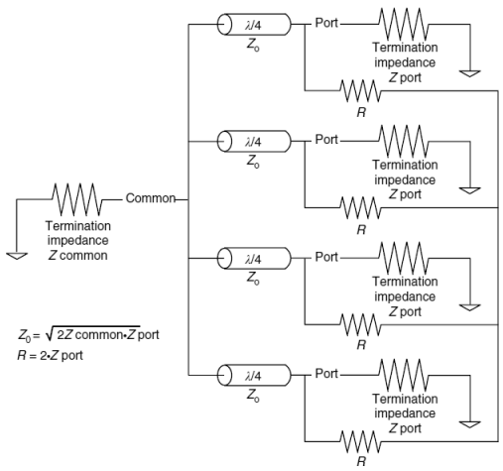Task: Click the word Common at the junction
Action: pyautogui.click(x=151, y=198)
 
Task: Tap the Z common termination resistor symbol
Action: pyautogui.click(x=77, y=199)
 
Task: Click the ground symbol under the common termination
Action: pyautogui.click(x=17, y=256)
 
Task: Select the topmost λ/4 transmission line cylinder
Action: pyautogui.click(x=254, y=24)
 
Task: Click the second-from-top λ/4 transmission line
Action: pyautogui.click(x=254, y=141)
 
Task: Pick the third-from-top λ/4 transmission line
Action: pyautogui.click(x=254, y=258)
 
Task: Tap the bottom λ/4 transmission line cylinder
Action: pyautogui.click(x=254, y=375)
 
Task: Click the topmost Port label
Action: pyautogui.click(x=326, y=23)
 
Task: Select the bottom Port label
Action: pyautogui.click(x=326, y=374)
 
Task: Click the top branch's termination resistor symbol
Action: pyautogui.click(x=404, y=25)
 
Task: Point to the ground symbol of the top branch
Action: pyautogui.click(x=470, y=73)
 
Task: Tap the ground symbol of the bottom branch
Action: pyautogui.click(x=470, y=424)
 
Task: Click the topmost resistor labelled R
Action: pyautogui.click(x=360, y=90)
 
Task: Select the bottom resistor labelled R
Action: pyautogui.click(x=360, y=441)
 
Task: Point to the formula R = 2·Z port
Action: pyautogui.click(x=51, y=356)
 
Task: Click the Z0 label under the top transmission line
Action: pyautogui.click(x=253, y=46)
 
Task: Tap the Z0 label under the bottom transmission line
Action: pyautogui.click(x=253, y=396)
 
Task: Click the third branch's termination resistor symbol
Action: pyautogui.click(x=404, y=259)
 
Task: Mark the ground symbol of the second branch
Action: pyautogui.click(x=470, y=190)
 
